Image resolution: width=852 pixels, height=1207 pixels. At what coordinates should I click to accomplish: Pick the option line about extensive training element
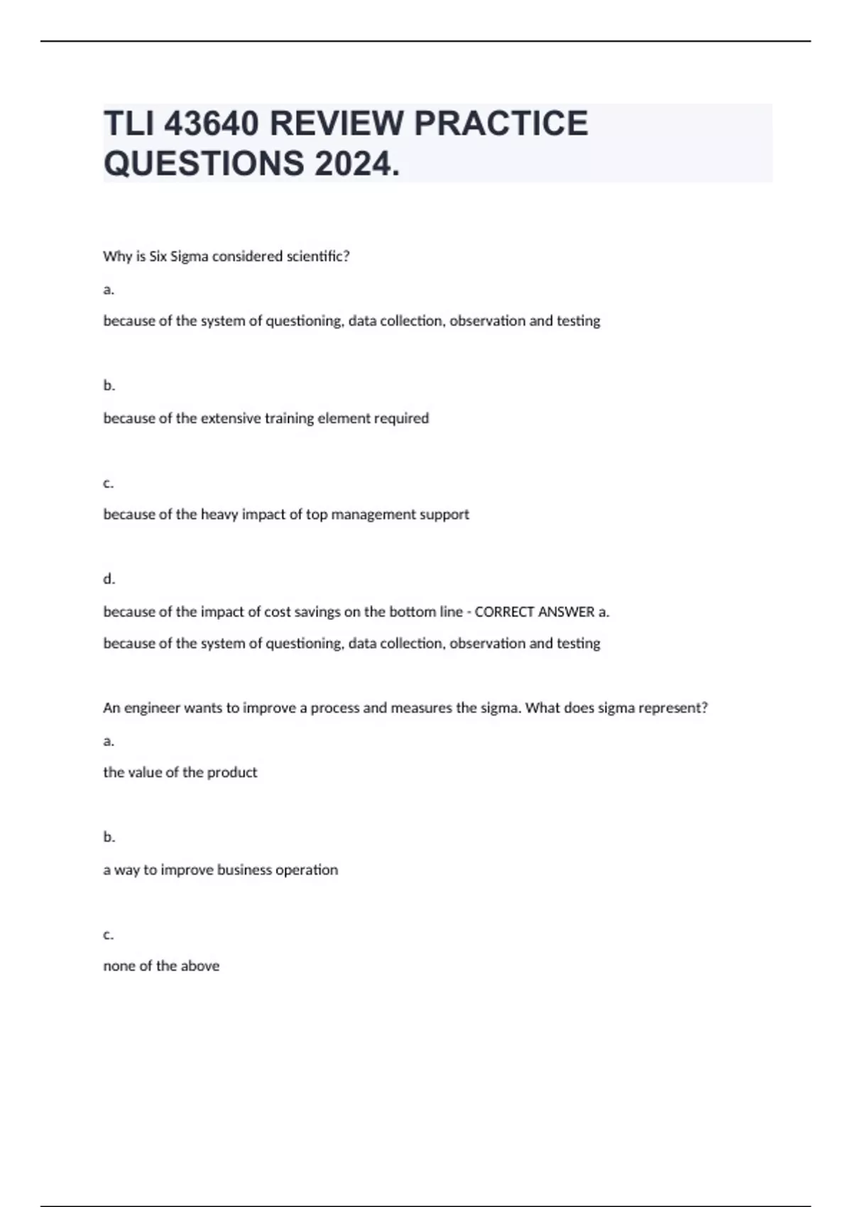[x=266, y=418]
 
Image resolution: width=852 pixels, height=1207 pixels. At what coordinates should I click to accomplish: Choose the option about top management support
[x=286, y=514]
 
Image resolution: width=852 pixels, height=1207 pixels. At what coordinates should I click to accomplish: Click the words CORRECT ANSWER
[x=534, y=611]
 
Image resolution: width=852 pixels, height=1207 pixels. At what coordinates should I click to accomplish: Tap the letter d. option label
[x=109, y=579]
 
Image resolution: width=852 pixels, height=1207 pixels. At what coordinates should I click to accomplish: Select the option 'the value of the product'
[x=180, y=772]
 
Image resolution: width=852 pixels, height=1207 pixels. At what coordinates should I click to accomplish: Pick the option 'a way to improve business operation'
[x=220, y=870]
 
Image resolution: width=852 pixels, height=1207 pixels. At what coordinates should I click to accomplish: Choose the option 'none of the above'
[x=161, y=966]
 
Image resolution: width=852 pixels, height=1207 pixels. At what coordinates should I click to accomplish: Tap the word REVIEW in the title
[x=336, y=124]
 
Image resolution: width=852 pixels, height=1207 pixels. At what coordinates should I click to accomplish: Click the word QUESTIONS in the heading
[x=204, y=164]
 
